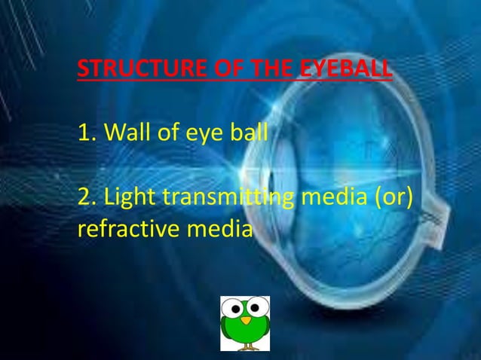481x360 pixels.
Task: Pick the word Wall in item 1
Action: pyautogui.click(x=123, y=134)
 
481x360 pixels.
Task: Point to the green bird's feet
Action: pyautogui.click(x=245, y=347)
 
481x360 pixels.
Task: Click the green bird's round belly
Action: pyautogui.click(x=245, y=334)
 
